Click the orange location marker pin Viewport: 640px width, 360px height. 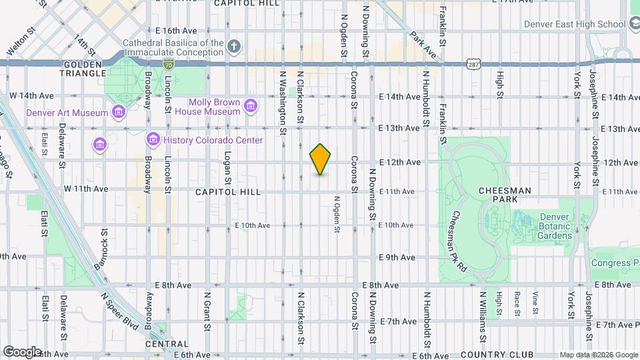tap(321, 159)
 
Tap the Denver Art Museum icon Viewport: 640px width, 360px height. tap(119, 112)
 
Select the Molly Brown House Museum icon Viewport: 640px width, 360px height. tap(251, 106)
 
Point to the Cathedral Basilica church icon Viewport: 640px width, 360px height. tap(233, 47)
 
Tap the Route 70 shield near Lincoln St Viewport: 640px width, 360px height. tap(168, 63)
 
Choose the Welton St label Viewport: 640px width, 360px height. tap(21, 41)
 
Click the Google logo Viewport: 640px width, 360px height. tap(22, 351)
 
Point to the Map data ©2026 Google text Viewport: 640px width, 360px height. tap(598, 355)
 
